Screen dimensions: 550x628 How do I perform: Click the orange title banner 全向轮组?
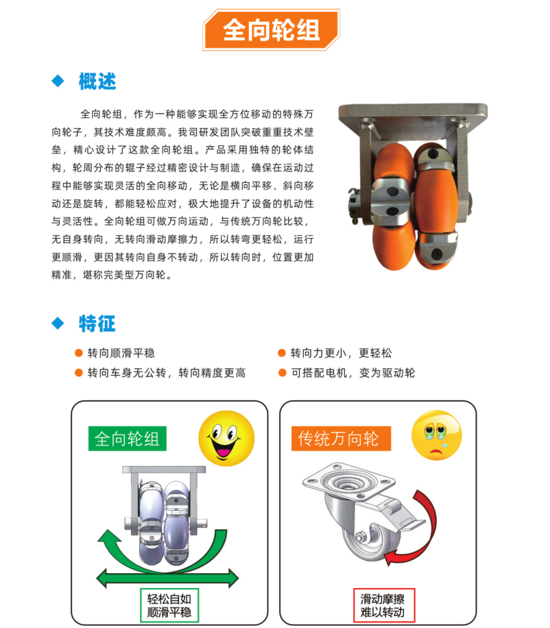(x=271, y=30)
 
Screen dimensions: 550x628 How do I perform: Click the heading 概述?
(x=97, y=82)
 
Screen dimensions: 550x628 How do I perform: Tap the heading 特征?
(x=97, y=324)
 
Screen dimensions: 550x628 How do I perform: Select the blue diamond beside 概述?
(x=58, y=81)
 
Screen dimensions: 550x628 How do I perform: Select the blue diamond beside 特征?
(x=58, y=323)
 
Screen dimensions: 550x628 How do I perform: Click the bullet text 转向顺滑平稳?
(x=121, y=353)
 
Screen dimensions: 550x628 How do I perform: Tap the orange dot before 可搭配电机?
(x=282, y=373)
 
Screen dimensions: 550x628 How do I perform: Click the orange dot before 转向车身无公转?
(x=78, y=373)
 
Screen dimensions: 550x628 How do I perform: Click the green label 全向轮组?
(x=128, y=439)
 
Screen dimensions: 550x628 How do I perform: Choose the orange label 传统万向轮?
(x=341, y=439)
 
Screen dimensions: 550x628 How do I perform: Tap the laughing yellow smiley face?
(x=226, y=438)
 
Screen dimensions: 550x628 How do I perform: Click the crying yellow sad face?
(x=437, y=435)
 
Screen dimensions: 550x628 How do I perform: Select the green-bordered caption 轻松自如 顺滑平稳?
(x=169, y=605)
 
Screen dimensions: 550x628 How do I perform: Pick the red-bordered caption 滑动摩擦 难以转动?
(x=384, y=605)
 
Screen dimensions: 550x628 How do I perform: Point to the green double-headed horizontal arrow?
(x=167, y=578)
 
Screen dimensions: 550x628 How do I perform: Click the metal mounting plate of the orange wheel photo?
(x=413, y=113)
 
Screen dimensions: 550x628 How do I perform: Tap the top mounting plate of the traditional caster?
(x=348, y=481)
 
